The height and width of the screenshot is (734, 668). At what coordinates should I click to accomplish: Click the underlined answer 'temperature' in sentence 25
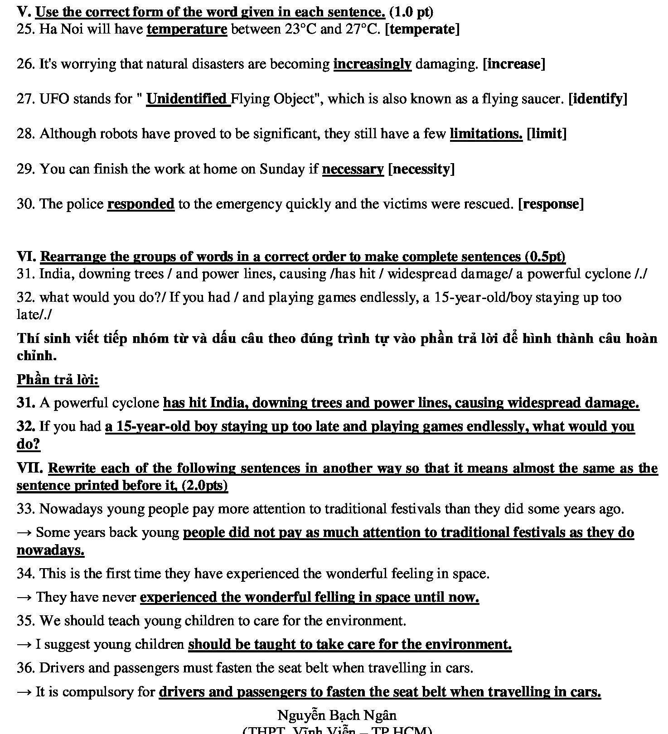click(187, 29)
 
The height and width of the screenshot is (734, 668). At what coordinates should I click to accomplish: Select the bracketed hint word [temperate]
click(422, 29)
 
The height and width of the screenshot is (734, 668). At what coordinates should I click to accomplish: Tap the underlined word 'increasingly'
click(372, 64)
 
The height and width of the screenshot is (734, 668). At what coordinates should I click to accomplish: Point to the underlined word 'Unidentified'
click(187, 99)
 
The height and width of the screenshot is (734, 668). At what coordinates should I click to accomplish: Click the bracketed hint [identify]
click(598, 99)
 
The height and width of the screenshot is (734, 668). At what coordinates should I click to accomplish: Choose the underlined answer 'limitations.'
click(486, 134)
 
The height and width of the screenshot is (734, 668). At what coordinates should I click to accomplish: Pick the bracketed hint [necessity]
click(421, 169)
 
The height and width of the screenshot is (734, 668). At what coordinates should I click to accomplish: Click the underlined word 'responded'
click(140, 204)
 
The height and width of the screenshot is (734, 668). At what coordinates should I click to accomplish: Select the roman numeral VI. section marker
click(26, 256)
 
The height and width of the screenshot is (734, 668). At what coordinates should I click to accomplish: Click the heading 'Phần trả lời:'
click(58, 379)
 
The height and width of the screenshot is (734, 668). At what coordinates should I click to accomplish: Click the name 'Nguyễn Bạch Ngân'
click(337, 715)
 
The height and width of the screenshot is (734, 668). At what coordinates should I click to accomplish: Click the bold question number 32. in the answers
click(26, 426)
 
